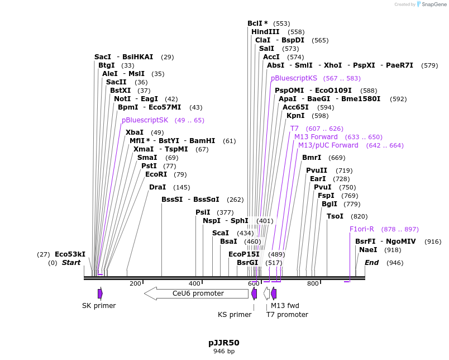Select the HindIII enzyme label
(265, 32)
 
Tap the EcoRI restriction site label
(154, 174)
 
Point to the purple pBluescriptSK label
(145, 120)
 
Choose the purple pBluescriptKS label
(294, 78)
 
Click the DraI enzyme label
(157, 187)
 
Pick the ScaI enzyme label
(221, 233)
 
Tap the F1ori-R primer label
(361, 229)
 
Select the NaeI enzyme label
(368, 250)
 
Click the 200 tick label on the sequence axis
(135, 283)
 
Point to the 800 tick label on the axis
(313, 283)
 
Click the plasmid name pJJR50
(224, 343)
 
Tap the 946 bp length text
(224, 352)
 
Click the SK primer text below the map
(99, 306)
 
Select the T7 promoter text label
(287, 315)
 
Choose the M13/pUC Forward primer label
(328, 145)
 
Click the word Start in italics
(71, 263)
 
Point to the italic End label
(372, 263)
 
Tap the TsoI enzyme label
(335, 216)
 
